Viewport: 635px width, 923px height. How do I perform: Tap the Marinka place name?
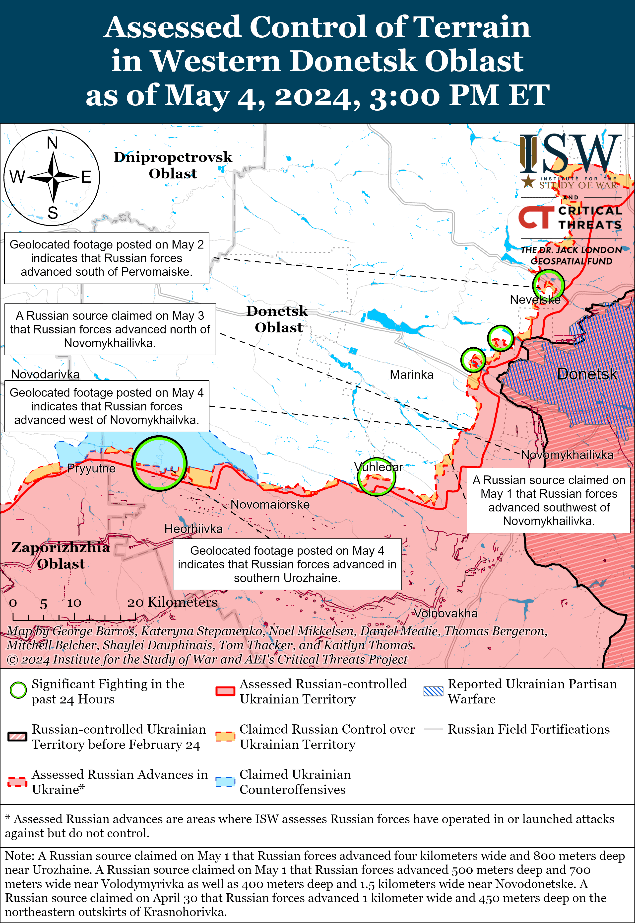click(x=411, y=375)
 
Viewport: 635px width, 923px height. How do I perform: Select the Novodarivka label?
click(x=45, y=374)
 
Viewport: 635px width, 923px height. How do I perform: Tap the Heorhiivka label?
click(x=193, y=529)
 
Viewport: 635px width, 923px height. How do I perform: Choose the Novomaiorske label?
click(x=270, y=505)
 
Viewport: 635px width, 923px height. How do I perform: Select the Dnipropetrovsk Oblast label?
click(x=173, y=165)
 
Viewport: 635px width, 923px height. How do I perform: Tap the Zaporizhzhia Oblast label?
click(x=61, y=555)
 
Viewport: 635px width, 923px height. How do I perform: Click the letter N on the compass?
click(x=53, y=143)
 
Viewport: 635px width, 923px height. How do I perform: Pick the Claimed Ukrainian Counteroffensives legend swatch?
click(x=225, y=781)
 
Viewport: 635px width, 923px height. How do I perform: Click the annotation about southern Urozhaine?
click(x=287, y=564)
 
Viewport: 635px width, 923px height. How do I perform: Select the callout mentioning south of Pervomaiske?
click(x=107, y=258)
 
